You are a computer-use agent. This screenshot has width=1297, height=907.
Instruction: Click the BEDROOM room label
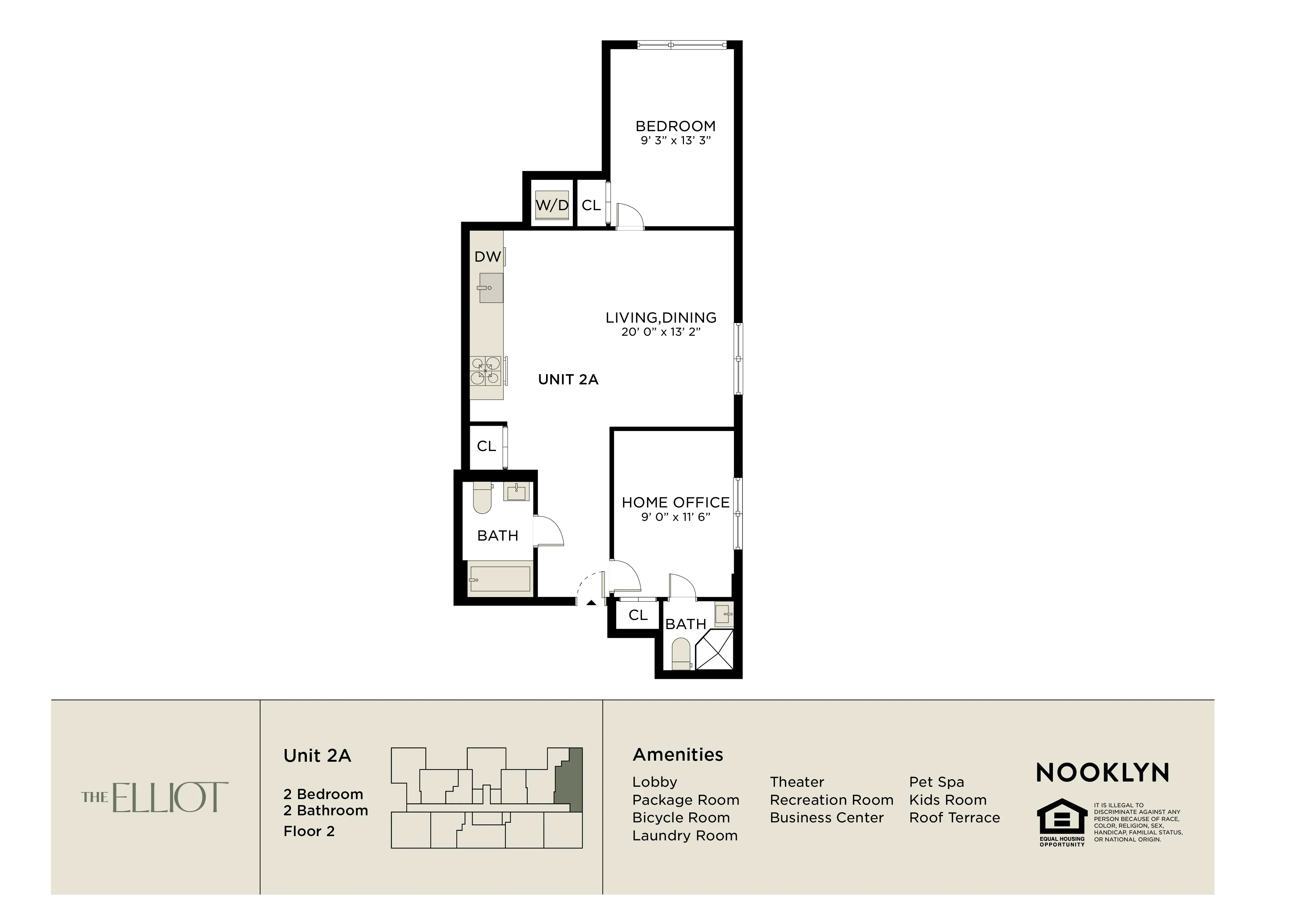[x=675, y=126]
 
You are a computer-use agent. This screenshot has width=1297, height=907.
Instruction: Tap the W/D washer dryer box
[x=552, y=205]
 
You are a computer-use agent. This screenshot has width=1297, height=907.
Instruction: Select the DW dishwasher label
[x=487, y=257]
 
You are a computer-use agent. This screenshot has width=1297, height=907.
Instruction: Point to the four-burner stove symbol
[x=486, y=371]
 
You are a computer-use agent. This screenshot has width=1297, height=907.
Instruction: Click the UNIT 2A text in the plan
[x=568, y=379]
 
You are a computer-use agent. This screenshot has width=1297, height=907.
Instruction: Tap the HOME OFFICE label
[x=675, y=502]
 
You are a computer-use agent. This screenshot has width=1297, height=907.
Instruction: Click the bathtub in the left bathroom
[x=500, y=579]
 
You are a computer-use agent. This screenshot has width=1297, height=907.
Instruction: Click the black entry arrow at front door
[x=591, y=603]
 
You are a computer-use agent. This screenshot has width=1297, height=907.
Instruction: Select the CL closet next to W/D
[x=591, y=205]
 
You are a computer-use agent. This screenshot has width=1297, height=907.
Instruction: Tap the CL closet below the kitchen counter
[x=486, y=446]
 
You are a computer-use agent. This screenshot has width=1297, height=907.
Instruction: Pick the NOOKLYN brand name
[x=1102, y=773]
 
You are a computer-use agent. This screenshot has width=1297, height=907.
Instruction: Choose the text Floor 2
[x=309, y=831]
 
